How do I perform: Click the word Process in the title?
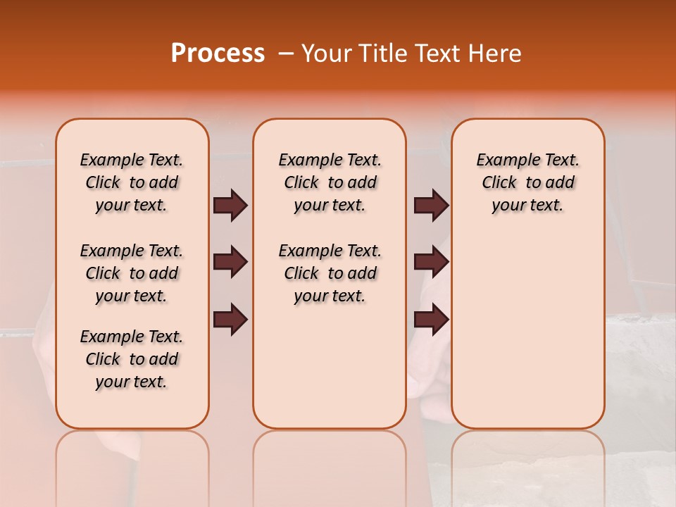point(218,53)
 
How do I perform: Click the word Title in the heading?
point(382,54)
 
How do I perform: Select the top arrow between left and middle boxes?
point(230,205)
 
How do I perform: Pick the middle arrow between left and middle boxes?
point(230,263)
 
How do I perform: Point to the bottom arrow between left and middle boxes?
point(230,320)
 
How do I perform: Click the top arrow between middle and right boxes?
point(431,205)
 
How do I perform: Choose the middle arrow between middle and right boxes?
point(431,263)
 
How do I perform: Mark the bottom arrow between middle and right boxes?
point(431,320)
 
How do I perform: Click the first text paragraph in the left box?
point(132,182)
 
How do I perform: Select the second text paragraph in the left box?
point(132,273)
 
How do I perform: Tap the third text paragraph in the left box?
point(132,359)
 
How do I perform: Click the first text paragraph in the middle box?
point(330,182)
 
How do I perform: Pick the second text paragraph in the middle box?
point(330,273)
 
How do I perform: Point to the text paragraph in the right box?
point(527,182)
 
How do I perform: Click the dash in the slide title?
point(286,54)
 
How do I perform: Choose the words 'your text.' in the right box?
point(527,205)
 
